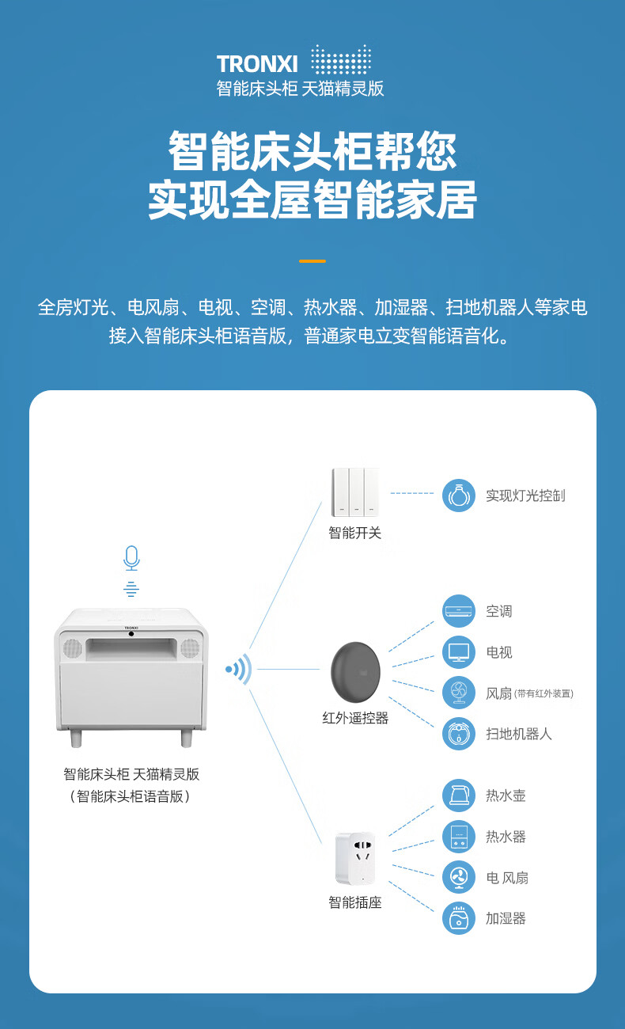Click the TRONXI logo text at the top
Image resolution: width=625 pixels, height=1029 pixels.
257,64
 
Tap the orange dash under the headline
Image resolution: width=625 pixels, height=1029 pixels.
312,260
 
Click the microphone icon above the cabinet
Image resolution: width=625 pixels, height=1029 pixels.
131,558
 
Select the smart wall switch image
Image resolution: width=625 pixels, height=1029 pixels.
355,492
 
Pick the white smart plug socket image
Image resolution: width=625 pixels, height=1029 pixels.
354,858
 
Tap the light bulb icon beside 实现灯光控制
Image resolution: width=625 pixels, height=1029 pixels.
459,496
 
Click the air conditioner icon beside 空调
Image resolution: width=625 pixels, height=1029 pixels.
459,611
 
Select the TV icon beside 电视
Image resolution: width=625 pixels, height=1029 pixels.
459,652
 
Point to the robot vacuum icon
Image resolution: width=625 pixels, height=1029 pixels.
459,734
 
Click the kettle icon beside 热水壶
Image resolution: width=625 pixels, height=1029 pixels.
459,795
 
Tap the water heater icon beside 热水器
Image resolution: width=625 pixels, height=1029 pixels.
459,837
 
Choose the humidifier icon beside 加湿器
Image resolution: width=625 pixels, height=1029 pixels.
459,918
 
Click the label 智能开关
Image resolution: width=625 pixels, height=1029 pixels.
355,533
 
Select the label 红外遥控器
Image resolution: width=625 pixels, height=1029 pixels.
355,719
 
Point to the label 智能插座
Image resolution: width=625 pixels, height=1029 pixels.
355,902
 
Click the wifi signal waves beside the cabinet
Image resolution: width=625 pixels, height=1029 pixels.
240,670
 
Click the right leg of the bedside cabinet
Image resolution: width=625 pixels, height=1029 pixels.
187,739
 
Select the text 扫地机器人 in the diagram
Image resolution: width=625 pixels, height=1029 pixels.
519,734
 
